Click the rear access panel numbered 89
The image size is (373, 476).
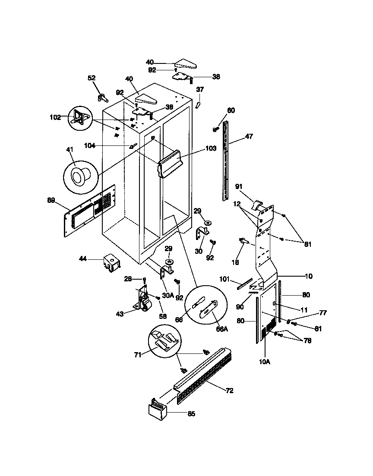pos(91,210)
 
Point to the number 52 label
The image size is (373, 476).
pos(92,78)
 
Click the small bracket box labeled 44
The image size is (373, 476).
pos(111,262)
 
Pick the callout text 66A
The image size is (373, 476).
pos(221,329)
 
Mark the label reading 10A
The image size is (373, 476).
pos(265,362)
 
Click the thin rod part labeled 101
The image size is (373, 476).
pos(244,284)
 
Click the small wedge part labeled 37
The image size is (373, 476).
pos(198,105)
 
